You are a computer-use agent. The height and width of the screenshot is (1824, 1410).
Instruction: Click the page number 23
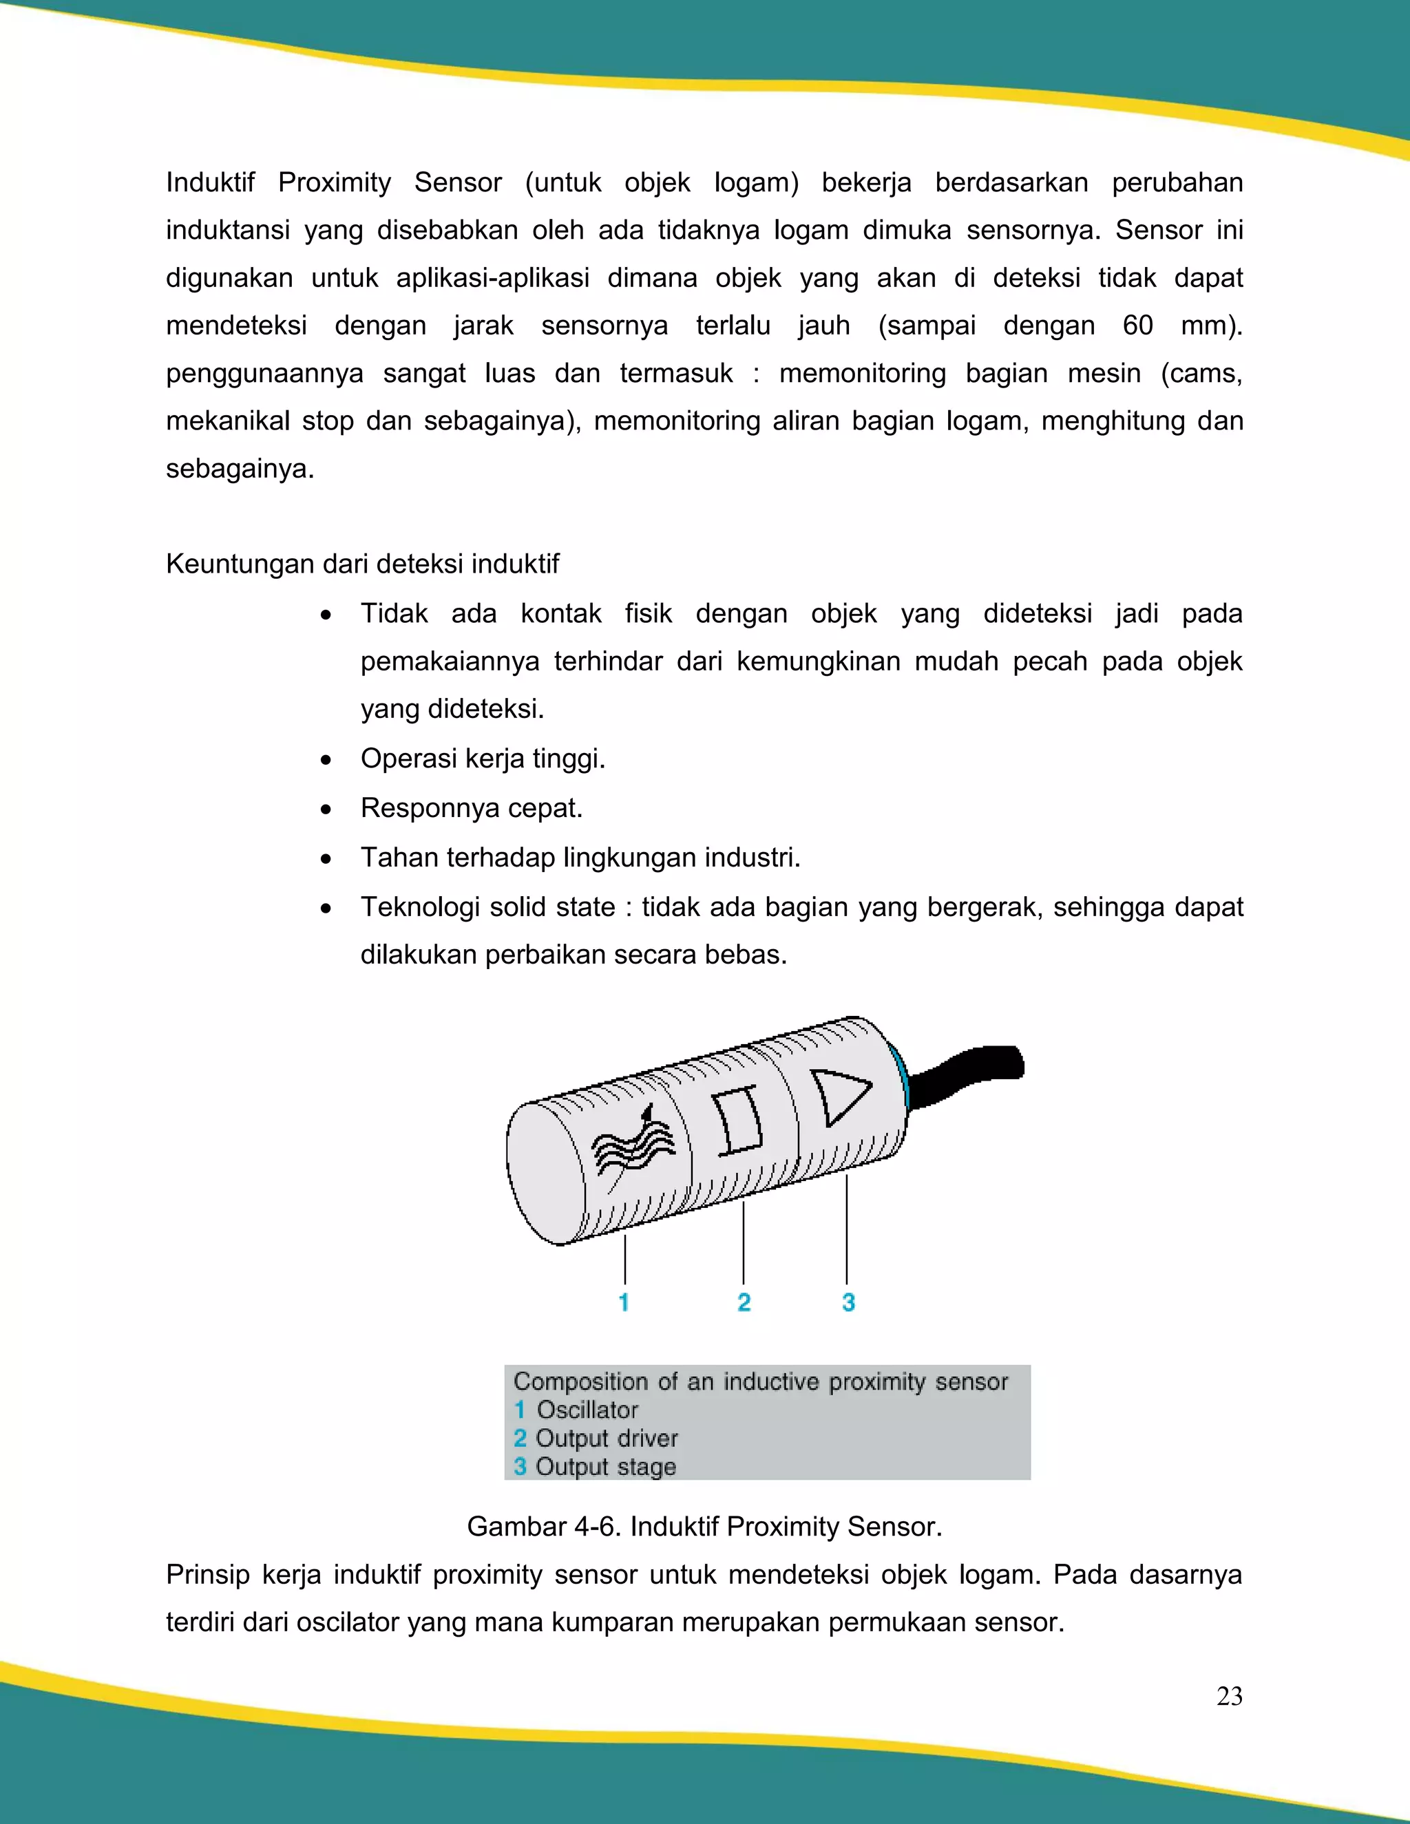point(1229,1696)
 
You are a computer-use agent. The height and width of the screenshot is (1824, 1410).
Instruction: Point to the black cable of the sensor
point(969,1075)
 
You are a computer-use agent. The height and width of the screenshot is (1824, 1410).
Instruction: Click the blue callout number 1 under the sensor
point(624,1302)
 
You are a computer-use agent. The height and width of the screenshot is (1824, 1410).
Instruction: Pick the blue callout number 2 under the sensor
point(744,1302)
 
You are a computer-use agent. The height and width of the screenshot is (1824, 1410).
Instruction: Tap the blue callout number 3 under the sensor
point(848,1302)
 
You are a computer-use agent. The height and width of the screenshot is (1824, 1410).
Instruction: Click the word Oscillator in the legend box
point(587,1410)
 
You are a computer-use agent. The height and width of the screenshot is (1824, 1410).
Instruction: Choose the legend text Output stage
point(606,1467)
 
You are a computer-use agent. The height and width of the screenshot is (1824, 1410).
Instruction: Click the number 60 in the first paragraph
point(1137,325)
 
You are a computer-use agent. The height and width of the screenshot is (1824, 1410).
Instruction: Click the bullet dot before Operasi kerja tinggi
point(326,760)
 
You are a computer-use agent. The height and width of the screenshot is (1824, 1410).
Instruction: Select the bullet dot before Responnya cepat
point(326,809)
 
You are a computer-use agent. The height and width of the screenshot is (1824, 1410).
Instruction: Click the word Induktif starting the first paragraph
point(210,182)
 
